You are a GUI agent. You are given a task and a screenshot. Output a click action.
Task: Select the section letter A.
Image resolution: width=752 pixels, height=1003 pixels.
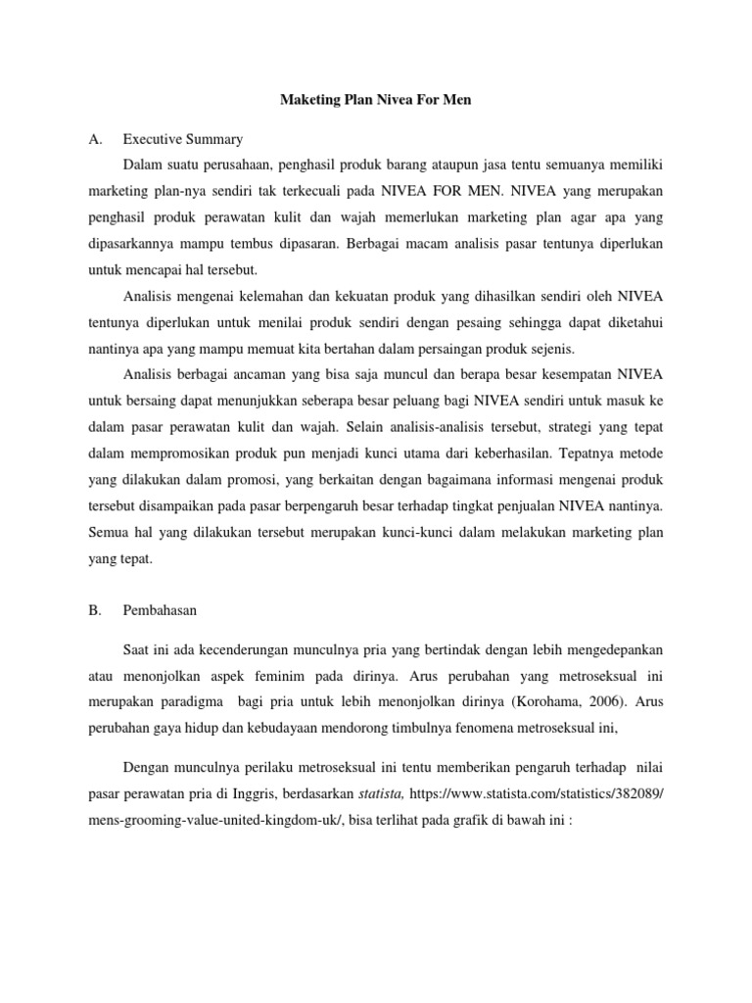[95, 139]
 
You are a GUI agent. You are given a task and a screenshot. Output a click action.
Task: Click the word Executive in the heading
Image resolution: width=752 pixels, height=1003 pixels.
[155, 139]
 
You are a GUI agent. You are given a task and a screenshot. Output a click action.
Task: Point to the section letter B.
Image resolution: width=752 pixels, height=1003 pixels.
[95, 610]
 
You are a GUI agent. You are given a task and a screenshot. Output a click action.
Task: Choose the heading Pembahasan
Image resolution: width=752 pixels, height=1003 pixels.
[161, 610]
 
